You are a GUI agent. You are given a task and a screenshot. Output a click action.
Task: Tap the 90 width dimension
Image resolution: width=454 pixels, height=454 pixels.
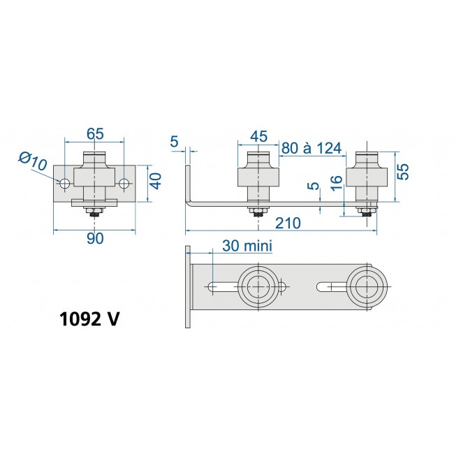[x=95, y=238]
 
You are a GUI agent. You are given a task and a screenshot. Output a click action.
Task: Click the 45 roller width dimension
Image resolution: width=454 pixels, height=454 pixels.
[x=258, y=136]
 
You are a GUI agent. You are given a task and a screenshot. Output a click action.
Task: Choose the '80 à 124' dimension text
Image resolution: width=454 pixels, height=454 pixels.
[x=312, y=148]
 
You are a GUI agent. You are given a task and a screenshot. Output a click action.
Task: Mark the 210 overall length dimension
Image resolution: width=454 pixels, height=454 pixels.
[x=287, y=223]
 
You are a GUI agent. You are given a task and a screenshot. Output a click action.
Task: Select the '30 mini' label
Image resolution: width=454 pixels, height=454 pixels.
[x=247, y=246]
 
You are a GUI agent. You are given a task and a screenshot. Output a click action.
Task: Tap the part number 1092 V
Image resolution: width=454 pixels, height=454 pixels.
[x=89, y=318]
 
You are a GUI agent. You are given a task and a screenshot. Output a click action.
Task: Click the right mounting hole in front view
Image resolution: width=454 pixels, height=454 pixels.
[x=124, y=184]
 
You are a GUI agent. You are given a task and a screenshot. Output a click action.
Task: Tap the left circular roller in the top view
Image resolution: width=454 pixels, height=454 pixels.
[x=258, y=286]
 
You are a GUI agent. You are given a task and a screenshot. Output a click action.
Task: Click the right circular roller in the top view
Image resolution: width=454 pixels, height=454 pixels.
[x=367, y=286]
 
